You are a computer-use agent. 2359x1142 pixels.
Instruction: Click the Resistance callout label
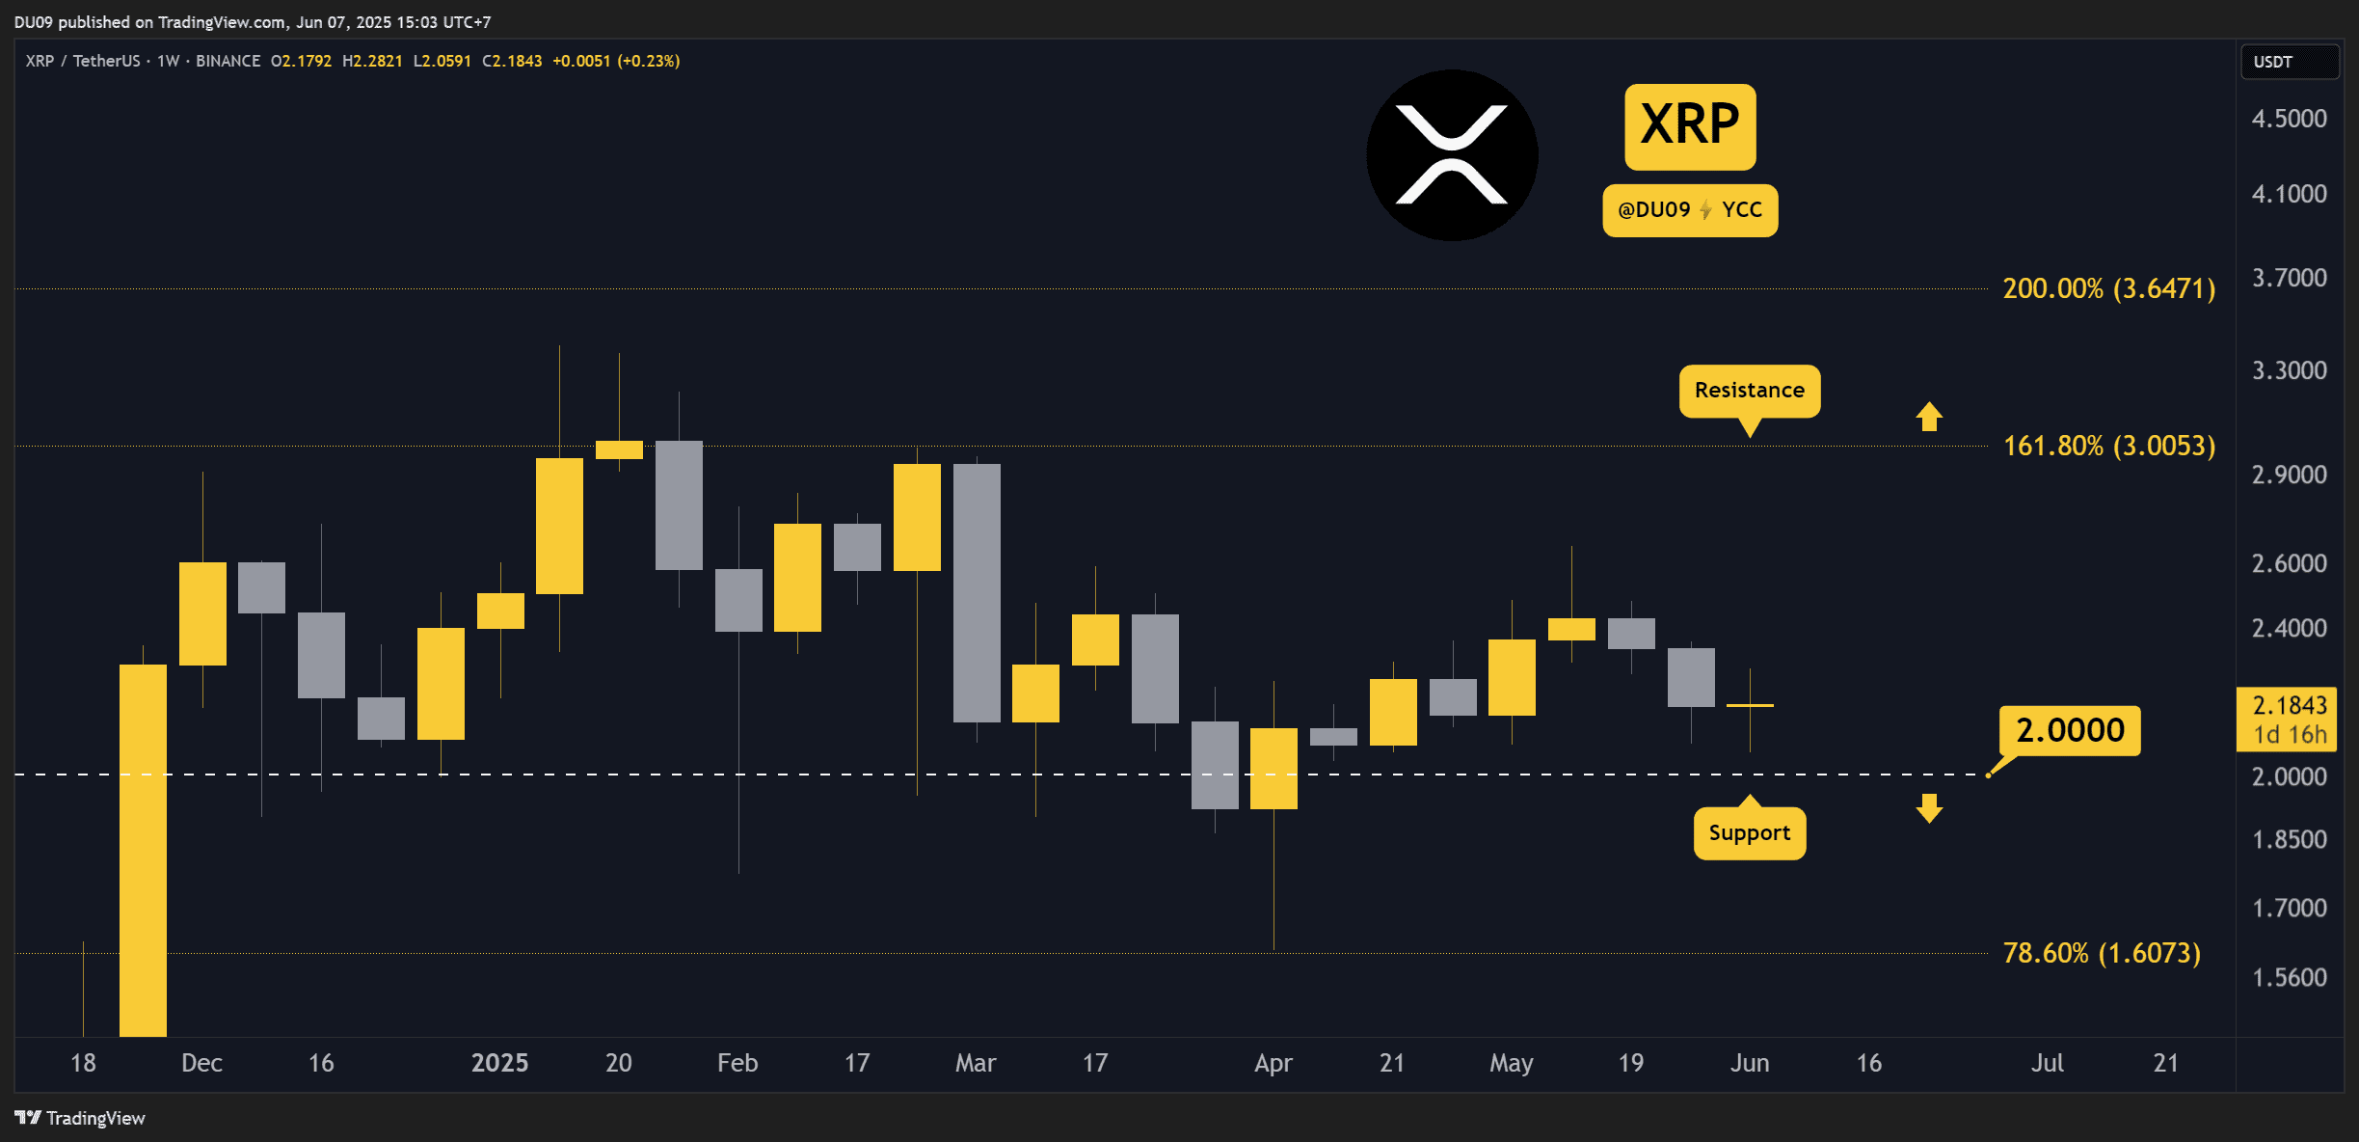pyautogui.click(x=1749, y=391)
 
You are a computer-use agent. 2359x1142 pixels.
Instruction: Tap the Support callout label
pyautogui.click(x=1749, y=833)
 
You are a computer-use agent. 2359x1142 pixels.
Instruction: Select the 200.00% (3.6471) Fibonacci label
pyautogui.click(x=2108, y=288)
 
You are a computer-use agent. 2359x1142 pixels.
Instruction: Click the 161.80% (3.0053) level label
pyautogui.click(x=2108, y=446)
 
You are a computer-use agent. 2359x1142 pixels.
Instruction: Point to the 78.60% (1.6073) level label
pyautogui.click(x=2102, y=953)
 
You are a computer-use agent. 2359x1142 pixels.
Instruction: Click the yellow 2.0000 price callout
pyautogui.click(x=2070, y=730)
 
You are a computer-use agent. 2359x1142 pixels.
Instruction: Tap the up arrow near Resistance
pyautogui.click(x=1929, y=417)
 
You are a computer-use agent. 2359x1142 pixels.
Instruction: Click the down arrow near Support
pyautogui.click(x=1929, y=808)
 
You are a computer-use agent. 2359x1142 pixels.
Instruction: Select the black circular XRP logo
pyautogui.click(x=1452, y=155)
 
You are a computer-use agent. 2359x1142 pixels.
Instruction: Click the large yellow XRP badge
pyautogui.click(x=1690, y=125)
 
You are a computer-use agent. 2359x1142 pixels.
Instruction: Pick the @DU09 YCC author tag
pyautogui.click(x=1690, y=210)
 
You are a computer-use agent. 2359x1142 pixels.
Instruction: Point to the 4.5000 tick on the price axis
pyautogui.click(x=2289, y=119)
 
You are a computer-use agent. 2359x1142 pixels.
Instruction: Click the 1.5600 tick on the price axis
pyautogui.click(x=2289, y=977)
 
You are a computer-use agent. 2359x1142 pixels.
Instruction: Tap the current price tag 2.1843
pyautogui.click(x=2289, y=719)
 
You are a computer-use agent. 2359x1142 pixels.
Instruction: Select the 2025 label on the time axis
pyautogui.click(x=499, y=1063)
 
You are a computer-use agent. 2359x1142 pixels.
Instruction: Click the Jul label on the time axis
pyautogui.click(x=2047, y=1063)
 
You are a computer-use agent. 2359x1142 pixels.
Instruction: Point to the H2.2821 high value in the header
pyautogui.click(x=372, y=61)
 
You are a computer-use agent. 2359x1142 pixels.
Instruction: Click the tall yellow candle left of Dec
pyautogui.click(x=143, y=849)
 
